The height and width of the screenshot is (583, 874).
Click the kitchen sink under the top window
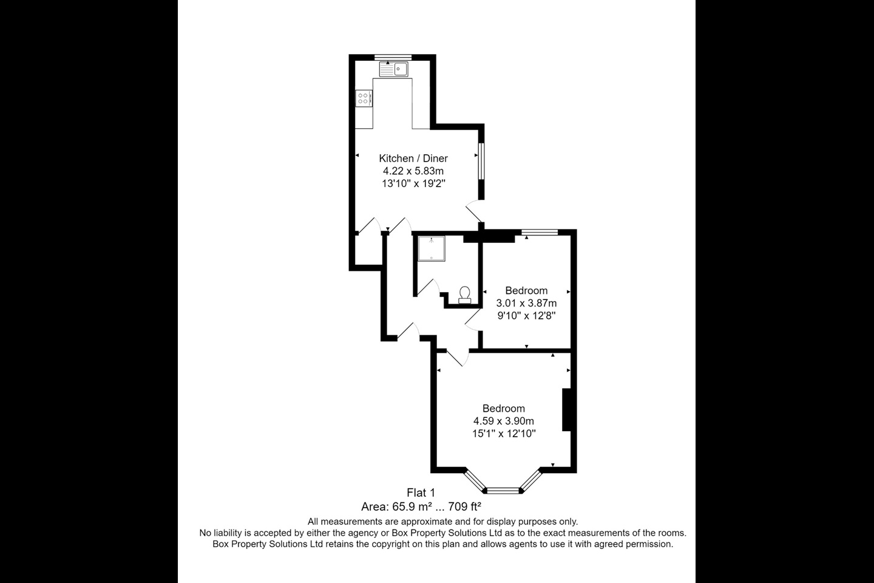(x=393, y=69)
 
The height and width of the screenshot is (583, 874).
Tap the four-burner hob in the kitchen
(x=364, y=98)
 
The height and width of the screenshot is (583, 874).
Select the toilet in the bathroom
(x=465, y=295)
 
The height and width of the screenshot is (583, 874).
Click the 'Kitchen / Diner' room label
(x=413, y=159)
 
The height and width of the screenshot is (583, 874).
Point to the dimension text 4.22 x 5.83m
(x=413, y=171)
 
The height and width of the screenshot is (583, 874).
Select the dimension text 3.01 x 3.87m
(x=526, y=303)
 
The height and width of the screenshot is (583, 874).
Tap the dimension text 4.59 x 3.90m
(x=504, y=421)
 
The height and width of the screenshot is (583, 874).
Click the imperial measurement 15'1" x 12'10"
(x=504, y=434)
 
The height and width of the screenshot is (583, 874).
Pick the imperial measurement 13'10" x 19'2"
(x=413, y=184)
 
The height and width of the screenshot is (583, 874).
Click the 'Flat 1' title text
(x=421, y=493)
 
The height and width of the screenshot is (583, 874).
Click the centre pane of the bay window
(x=503, y=489)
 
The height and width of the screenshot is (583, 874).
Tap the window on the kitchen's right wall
(x=481, y=162)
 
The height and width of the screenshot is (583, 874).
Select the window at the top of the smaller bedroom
(x=540, y=231)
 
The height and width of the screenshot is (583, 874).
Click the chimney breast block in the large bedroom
(x=567, y=410)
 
